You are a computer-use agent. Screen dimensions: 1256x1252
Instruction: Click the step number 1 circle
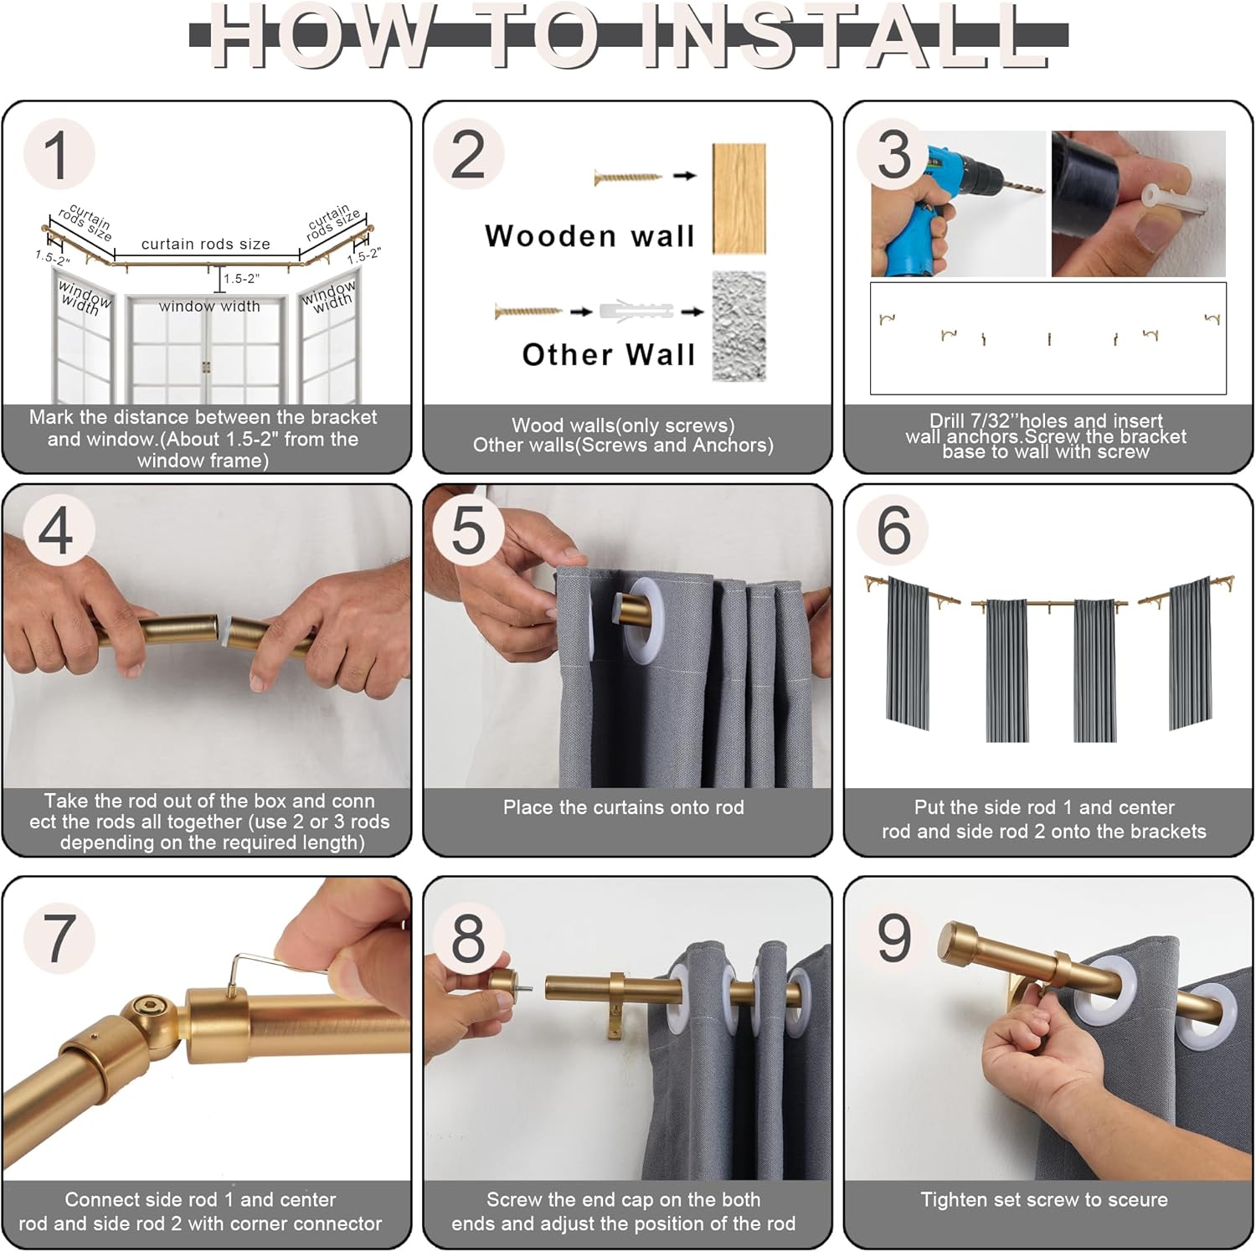tap(59, 154)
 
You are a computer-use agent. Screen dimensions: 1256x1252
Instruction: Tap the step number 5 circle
tap(469, 529)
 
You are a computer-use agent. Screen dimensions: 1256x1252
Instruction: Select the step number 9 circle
tap(894, 937)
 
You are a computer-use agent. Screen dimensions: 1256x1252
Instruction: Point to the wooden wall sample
tap(739, 198)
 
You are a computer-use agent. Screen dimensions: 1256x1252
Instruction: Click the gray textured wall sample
tap(739, 326)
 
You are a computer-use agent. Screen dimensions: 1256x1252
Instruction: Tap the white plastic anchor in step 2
tap(636, 311)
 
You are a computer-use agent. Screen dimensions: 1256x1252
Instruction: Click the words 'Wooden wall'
tap(590, 236)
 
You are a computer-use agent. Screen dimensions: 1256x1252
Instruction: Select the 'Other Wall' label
tap(609, 354)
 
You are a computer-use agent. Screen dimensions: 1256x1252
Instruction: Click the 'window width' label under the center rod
tap(209, 307)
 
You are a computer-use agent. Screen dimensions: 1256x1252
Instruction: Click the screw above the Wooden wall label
tap(628, 177)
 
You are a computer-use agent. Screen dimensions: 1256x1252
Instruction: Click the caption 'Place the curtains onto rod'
tap(624, 807)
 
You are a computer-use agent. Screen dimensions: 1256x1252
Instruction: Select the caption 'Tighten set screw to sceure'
tap(1044, 1199)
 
